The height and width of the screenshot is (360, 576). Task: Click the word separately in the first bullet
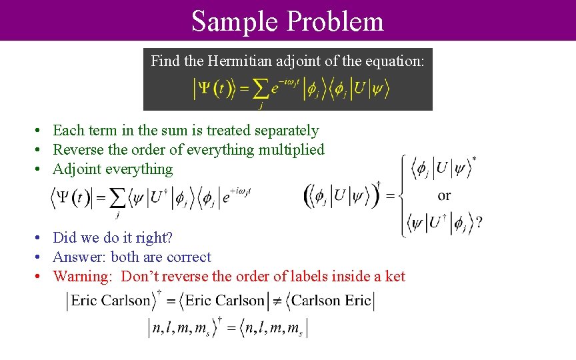283,131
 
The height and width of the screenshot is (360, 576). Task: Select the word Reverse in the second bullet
78,150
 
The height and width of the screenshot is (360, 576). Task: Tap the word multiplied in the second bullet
292,150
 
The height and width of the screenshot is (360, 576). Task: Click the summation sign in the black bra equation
119,198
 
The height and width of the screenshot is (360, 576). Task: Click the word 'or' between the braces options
444,195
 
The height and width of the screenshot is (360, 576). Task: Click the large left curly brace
404,195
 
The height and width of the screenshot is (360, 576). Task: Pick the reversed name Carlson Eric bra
331,301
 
